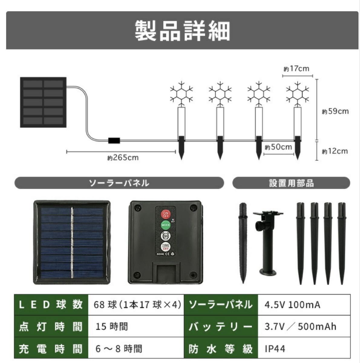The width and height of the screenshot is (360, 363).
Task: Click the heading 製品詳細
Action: click(182, 31)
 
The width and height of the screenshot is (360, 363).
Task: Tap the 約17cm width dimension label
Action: click(297, 69)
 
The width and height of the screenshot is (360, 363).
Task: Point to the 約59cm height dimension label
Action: click(335, 111)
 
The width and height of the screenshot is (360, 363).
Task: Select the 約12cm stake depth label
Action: click(335, 151)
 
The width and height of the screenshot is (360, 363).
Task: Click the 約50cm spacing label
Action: click(279, 147)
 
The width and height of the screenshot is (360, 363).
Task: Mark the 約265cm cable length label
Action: click(123, 158)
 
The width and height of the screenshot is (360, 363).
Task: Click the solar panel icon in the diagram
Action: click(43, 102)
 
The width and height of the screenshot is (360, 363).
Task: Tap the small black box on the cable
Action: click(114, 141)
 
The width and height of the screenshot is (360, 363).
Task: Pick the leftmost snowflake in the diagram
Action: click(181, 92)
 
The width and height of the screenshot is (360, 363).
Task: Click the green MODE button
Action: click(165, 225)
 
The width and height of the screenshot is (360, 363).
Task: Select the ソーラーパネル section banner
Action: click(119, 183)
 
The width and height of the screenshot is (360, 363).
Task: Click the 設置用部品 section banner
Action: click(291, 183)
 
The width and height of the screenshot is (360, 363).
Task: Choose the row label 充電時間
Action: click(51, 349)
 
